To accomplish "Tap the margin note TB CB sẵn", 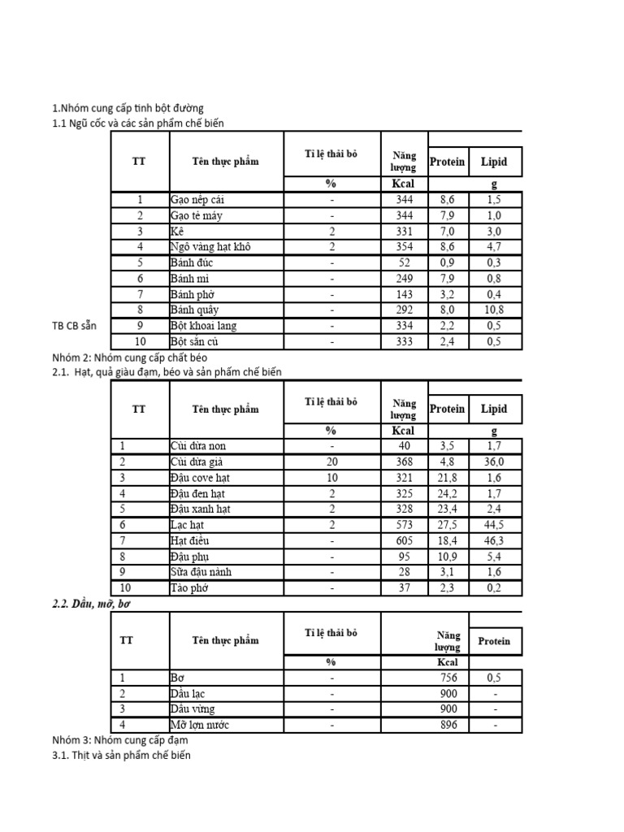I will pos(73,325).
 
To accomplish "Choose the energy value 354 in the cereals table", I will pos(404,247).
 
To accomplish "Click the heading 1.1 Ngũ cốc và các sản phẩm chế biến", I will pos(137,123).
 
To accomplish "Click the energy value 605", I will pos(404,540).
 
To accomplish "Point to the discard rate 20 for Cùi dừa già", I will pos(331,461).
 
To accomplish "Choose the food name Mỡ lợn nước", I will pos(199,725).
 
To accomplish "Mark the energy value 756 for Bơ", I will pos(448,678).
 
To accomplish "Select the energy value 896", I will pos(448,725).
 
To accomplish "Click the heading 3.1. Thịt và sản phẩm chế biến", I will pos(121,756).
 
